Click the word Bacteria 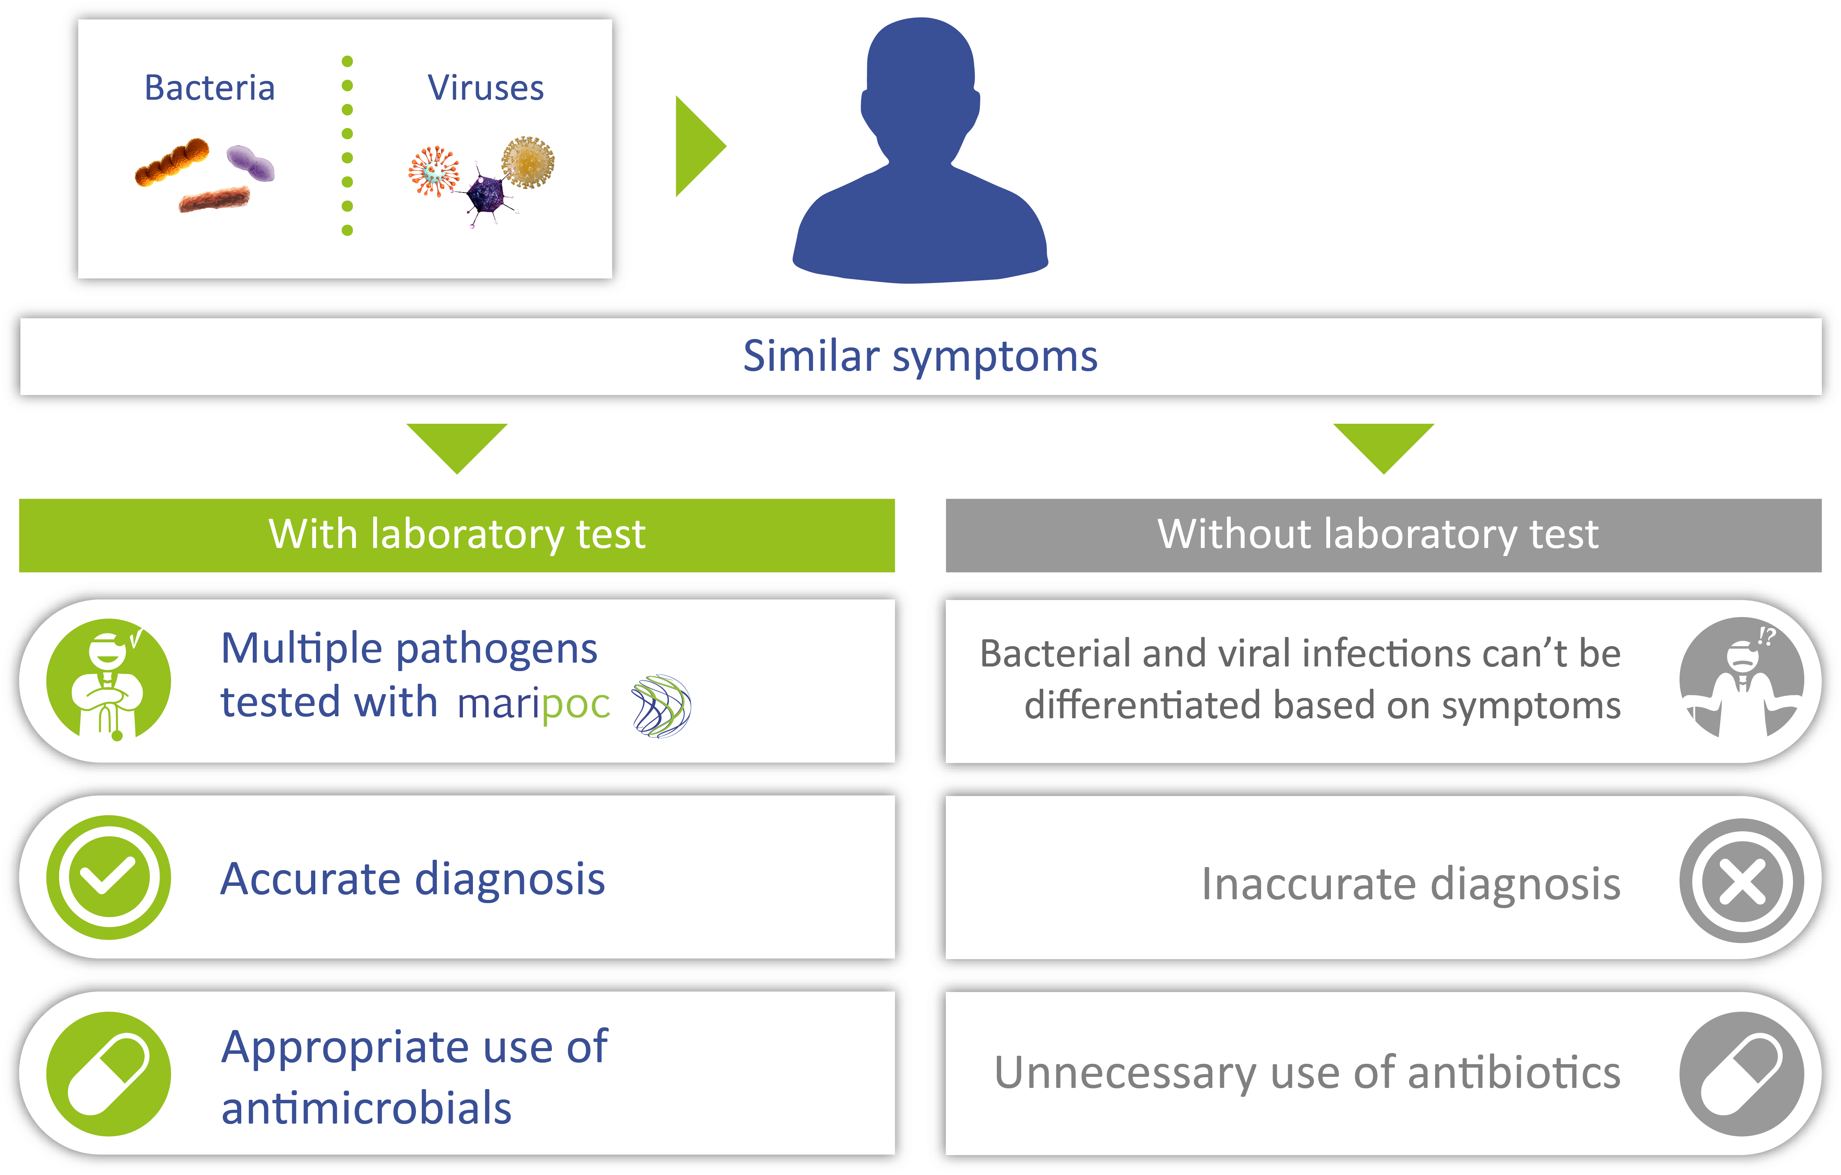209,88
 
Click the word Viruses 486,88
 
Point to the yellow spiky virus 527,162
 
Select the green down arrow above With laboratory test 457,448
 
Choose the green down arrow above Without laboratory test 1384,448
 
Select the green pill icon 109,1074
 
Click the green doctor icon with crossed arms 109,680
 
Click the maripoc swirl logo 661,706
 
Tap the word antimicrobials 366,1109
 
